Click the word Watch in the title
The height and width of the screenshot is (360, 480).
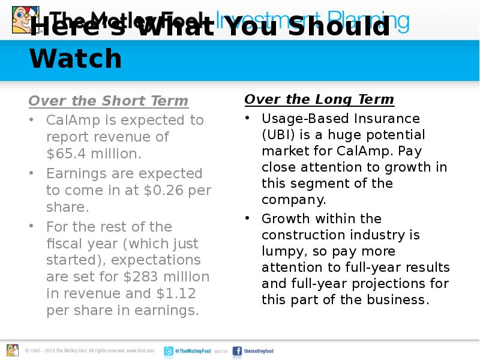[x=76, y=59]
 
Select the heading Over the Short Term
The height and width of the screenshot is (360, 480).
[x=109, y=100]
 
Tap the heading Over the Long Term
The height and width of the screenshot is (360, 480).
[x=319, y=99]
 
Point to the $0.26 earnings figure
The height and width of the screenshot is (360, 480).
[x=164, y=190]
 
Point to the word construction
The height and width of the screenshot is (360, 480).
[x=303, y=235]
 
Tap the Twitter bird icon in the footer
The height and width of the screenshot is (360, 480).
[x=169, y=351]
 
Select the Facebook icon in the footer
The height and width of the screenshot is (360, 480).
[x=237, y=351]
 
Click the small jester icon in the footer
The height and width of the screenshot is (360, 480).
[x=13, y=350]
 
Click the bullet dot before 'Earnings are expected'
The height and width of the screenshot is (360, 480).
[x=31, y=174]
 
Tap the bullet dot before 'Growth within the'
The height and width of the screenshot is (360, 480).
[x=247, y=218]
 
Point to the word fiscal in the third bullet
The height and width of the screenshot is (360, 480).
[x=63, y=244]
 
